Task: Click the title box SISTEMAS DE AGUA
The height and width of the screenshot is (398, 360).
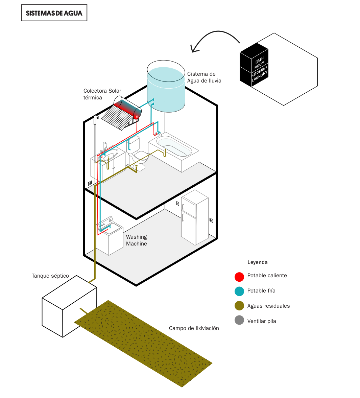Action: click(x=54, y=13)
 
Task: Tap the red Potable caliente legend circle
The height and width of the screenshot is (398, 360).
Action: click(x=239, y=277)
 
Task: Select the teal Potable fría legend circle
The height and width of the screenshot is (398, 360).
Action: click(x=239, y=291)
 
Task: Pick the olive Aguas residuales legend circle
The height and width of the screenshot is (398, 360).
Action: click(x=239, y=306)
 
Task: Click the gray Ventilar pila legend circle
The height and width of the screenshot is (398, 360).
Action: click(x=239, y=320)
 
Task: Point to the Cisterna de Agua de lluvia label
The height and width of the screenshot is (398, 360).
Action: click(x=204, y=77)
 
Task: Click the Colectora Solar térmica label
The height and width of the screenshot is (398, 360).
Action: click(x=102, y=94)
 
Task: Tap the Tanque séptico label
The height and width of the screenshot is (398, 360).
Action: click(x=50, y=276)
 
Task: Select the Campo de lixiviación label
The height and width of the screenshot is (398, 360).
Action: click(x=194, y=328)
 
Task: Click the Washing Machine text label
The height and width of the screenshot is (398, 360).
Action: click(x=137, y=240)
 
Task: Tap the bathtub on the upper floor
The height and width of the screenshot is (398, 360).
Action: click(x=174, y=152)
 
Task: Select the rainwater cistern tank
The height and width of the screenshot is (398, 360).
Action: click(x=166, y=87)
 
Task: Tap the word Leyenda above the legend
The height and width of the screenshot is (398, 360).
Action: click(x=257, y=262)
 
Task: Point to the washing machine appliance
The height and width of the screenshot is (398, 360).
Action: click(x=110, y=237)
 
